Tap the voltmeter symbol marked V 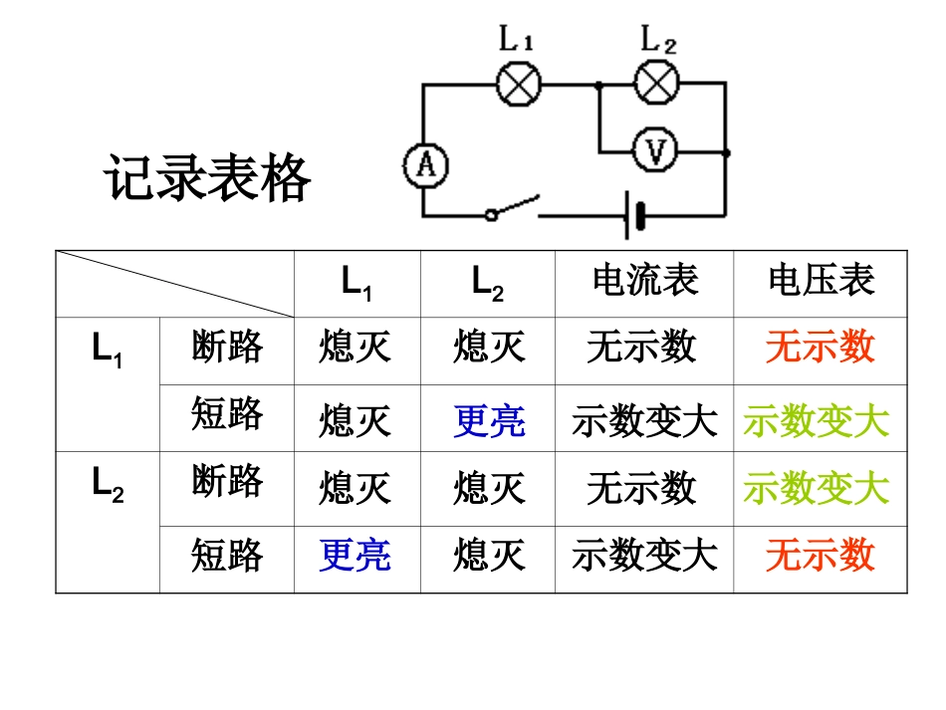tap(654, 151)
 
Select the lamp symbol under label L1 tap(518, 85)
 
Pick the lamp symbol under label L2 tap(655, 84)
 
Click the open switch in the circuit tap(512, 208)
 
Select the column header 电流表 tap(644, 281)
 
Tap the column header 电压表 tap(821, 281)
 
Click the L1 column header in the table tap(356, 283)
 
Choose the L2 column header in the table tap(487, 283)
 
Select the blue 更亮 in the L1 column tap(355, 555)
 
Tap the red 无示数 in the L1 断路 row tap(820, 347)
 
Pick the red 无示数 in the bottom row tap(820, 555)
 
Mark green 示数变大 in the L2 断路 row tap(817, 488)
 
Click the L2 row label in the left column tap(108, 483)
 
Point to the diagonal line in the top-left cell tap(174, 284)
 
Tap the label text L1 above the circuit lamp tap(517, 41)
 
